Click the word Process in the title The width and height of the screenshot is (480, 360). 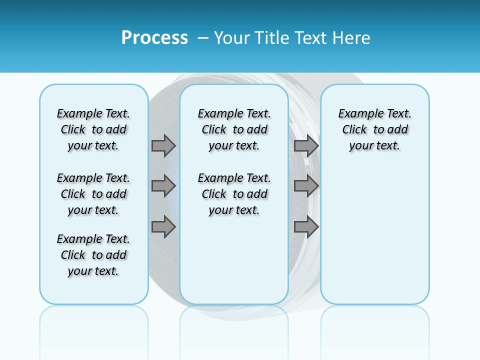point(154,38)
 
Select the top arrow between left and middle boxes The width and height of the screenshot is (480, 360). point(163,145)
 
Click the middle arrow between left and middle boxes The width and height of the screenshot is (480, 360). point(163,186)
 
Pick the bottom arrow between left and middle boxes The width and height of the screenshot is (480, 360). point(163,227)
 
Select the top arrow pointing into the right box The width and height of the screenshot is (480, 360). point(306,145)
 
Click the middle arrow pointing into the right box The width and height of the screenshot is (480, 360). point(306,186)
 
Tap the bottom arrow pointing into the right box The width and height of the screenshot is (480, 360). point(306,227)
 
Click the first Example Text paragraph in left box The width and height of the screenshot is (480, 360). point(93,129)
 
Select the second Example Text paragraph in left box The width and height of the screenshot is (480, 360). point(93,194)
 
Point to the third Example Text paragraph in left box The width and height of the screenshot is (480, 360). point(93,255)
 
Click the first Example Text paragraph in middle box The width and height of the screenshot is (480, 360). point(234,129)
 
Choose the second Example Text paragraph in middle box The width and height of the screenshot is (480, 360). point(234,194)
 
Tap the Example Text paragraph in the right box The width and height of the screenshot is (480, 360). point(374,129)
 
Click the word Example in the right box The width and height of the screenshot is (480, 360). point(357,113)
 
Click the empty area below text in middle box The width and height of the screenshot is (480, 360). point(234,260)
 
